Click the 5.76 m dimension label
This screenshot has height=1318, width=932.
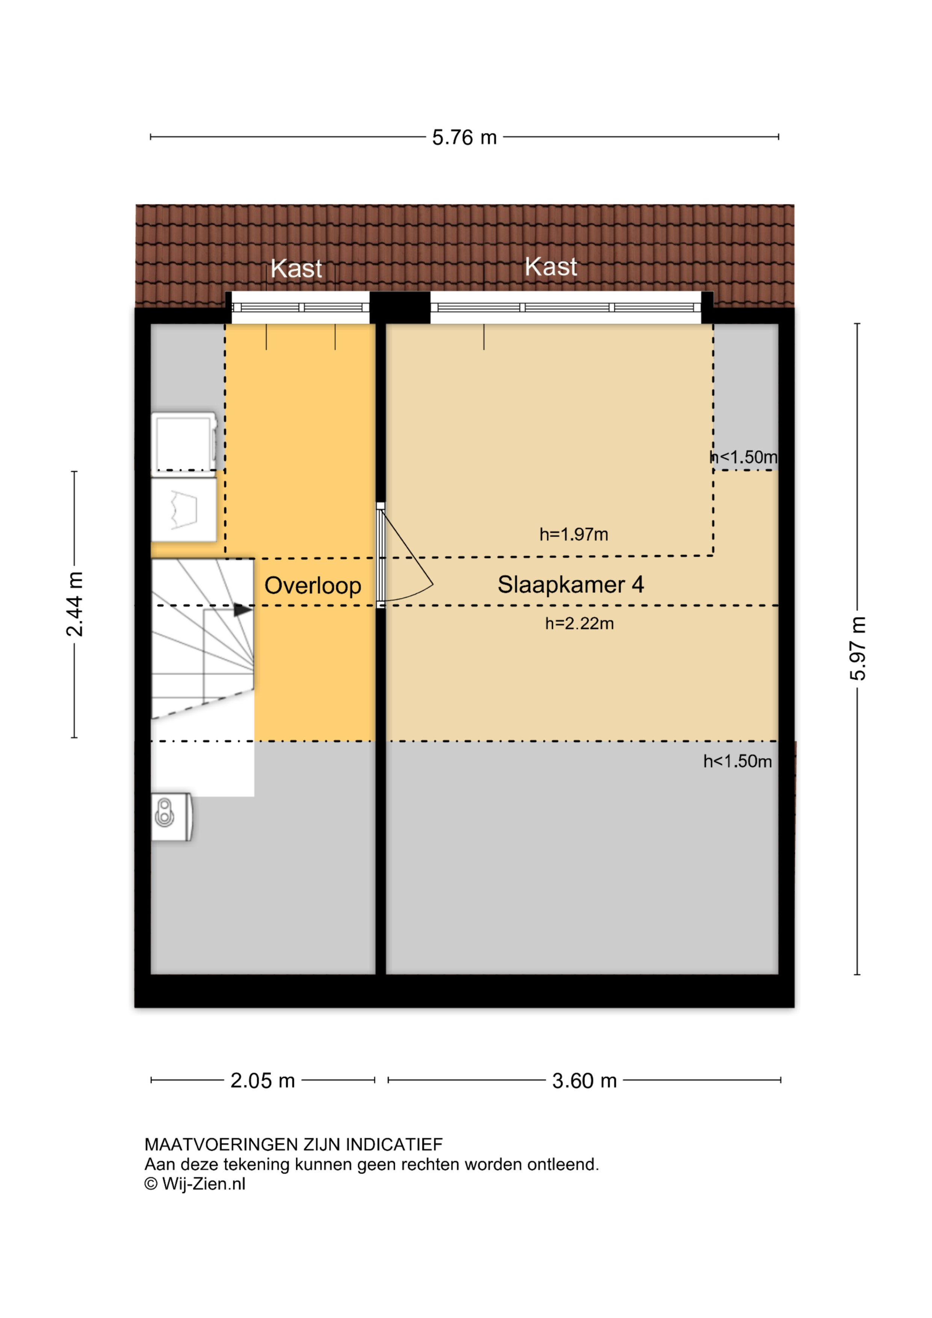click(464, 138)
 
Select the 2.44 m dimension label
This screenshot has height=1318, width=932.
click(75, 604)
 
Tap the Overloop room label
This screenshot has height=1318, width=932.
click(313, 586)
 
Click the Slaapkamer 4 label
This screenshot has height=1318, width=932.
click(571, 584)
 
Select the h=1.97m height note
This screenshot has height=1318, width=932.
click(574, 534)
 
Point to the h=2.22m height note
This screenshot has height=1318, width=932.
click(580, 623)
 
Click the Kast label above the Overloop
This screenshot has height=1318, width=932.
click(296, 269)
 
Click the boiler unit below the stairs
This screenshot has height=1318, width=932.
click(172, 817)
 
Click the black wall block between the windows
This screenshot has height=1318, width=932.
click(400, 308)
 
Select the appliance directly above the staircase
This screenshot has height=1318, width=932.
click(184, 510)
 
